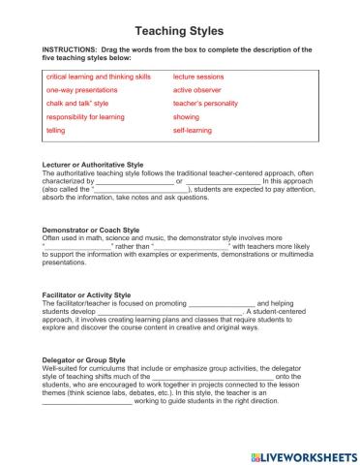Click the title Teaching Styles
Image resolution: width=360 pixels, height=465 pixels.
tap(179, 31)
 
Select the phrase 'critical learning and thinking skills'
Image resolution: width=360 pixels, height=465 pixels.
tap(99, 76)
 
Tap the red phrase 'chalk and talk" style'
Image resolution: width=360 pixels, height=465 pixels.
tap(77, 103)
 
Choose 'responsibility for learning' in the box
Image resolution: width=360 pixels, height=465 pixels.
tap(87, 116)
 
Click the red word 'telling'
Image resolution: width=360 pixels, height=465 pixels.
tap(56, 129)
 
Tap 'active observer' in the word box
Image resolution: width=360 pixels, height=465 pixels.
tap(196, 89)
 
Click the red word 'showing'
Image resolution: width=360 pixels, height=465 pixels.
tap(187, 116)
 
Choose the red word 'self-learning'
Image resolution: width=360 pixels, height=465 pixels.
tap(192, 129)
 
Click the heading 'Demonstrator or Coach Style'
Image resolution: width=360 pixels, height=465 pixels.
tap(91, 231)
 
